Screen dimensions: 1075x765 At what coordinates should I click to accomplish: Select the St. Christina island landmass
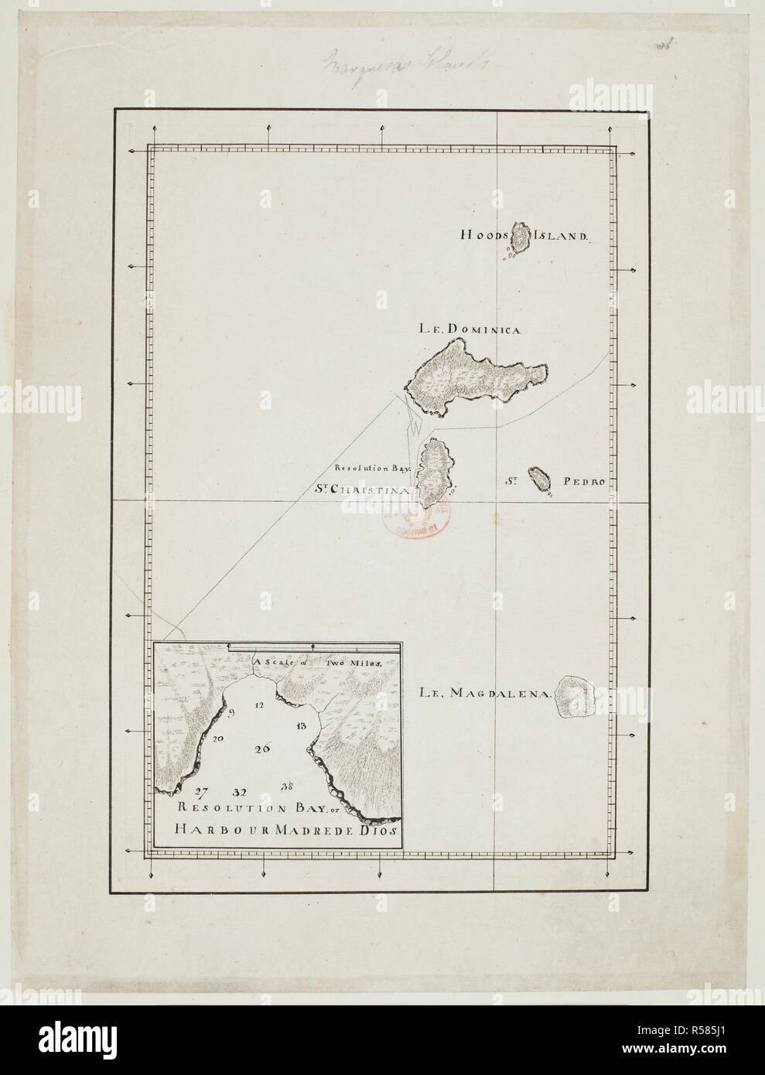pyautogui.click(x=434, y=473)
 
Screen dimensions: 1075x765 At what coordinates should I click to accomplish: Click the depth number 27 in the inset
pyautogui.click(x=202, y=790)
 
